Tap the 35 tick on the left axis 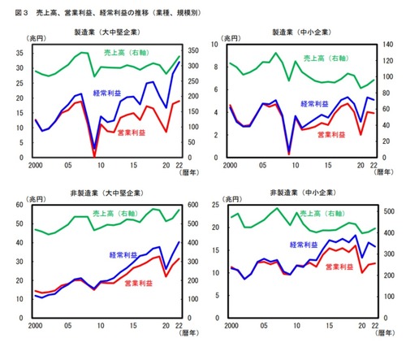point(18,51)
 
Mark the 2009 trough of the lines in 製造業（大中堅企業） point(94,154)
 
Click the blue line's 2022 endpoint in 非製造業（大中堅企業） point(179,242)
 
